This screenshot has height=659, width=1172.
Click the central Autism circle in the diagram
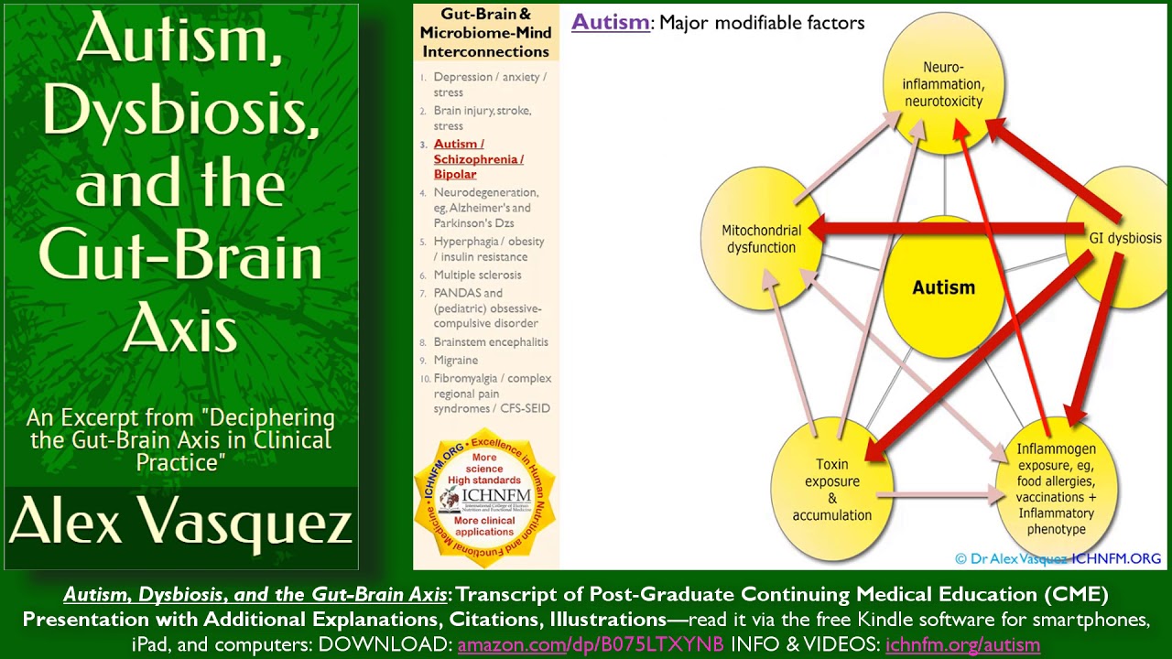click(x=943, y=287)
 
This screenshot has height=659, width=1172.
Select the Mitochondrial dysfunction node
click(x=762, y=239)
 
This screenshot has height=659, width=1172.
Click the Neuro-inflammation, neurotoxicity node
click(x=942, y=84)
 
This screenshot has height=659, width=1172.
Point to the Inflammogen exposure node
click(x=1056, y=489)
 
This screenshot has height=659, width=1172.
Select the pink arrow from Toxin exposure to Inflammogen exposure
click(x=939, y=494)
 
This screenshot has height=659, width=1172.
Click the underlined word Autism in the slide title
click(x=610, y=22)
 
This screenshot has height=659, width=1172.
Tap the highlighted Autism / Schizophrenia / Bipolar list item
click(x=478, y=159)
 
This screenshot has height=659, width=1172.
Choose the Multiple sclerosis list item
click(x=477, y=275)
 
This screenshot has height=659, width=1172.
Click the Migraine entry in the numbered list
click(x=456, y=360)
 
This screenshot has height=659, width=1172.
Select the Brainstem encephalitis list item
click(x=491, y=341)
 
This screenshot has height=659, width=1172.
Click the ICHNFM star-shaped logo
click(x=484, y=495)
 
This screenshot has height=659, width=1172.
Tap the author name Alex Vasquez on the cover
click(x=180, y=524)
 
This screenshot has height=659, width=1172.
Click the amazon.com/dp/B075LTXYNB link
click(x=591, y=644)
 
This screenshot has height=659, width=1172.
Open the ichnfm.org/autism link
click(x=962, y=644)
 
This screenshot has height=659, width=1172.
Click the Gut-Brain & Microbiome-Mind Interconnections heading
click(x=485, y=33)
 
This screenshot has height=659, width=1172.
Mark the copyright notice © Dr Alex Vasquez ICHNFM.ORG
click(x=1058, y=557)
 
